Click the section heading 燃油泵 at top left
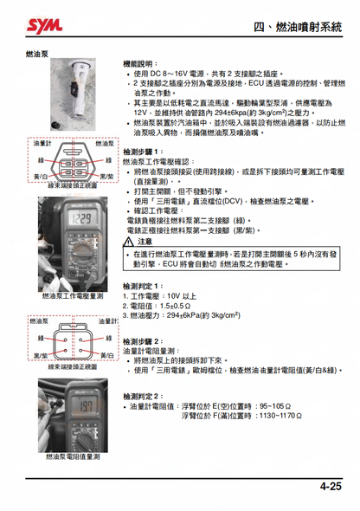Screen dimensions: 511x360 [x=39, y=54]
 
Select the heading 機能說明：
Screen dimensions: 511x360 [x=141, y=64]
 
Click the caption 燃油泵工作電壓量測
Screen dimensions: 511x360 [x=73, y=295]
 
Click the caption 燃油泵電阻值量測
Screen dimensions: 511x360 [x=73, y=455]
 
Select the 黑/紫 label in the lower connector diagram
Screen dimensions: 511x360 [x=40, y=355]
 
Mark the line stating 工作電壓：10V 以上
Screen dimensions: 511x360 [x=155, y=296]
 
